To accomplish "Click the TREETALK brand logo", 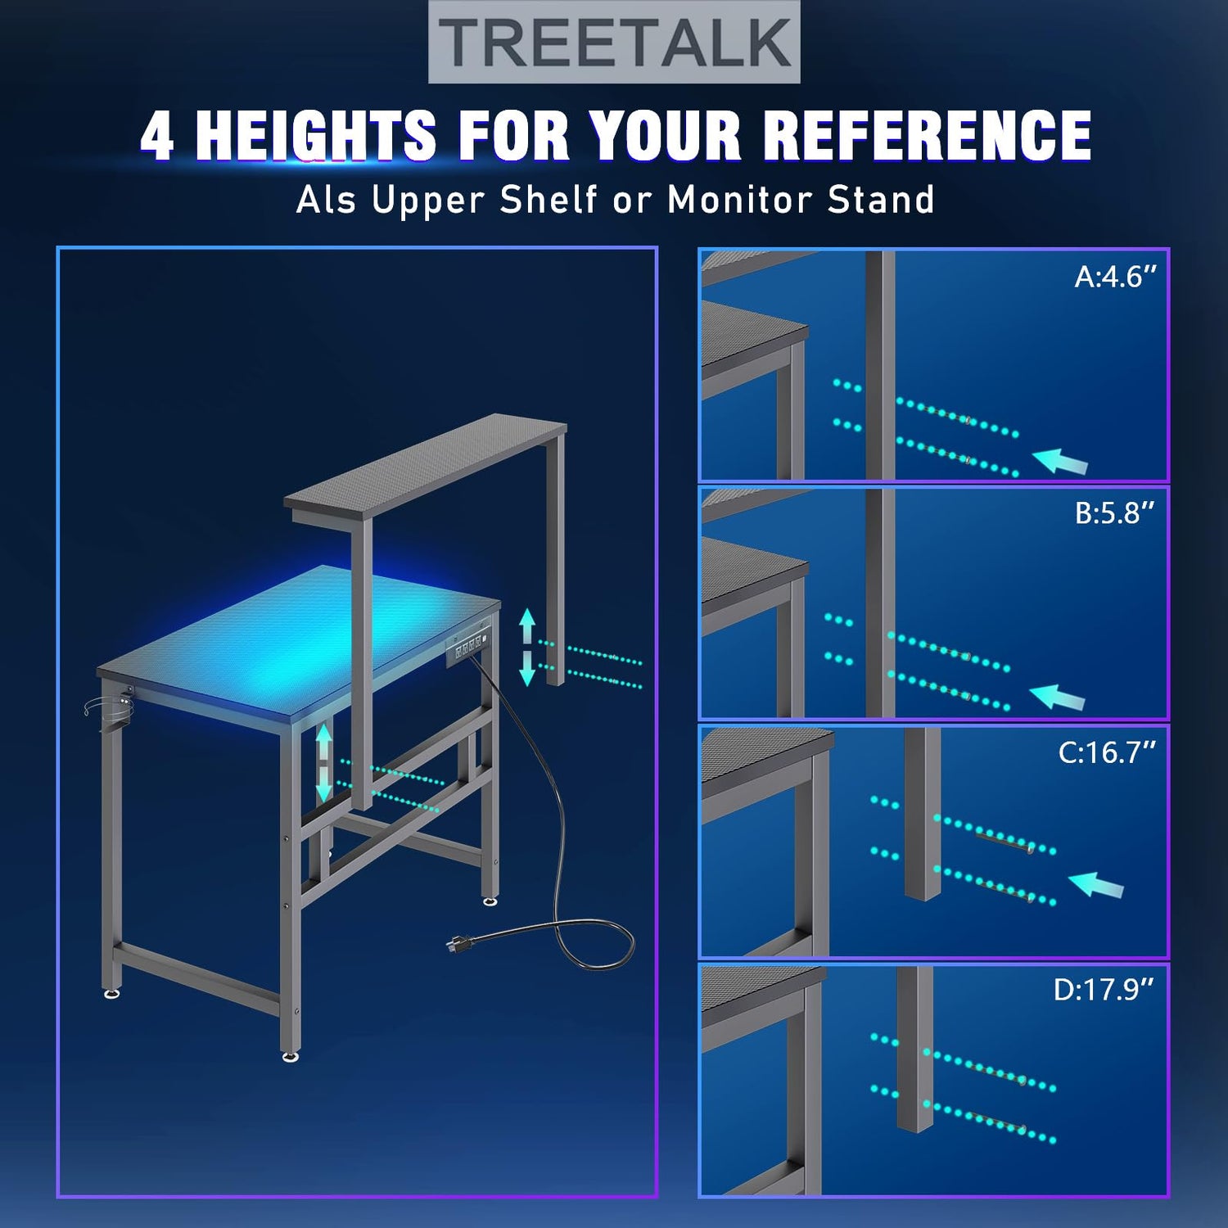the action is tap(614, 42).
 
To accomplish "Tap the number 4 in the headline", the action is tap(157, 135).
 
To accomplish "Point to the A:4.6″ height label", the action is tap(1115, 277).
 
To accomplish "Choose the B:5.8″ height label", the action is tap(1114, 513).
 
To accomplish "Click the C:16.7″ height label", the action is tap(1107, 752).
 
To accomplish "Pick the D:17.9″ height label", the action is tap(1104, 990).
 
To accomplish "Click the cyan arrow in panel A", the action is tap(1060, 461).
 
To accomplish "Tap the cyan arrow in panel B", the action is tap(1057, 698).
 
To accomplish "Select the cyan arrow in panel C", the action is tap(1096, 885).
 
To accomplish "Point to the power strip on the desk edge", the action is tap(467, 648).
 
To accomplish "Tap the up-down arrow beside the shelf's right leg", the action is tap(527, 648).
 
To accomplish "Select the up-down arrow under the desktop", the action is tap(325, 762).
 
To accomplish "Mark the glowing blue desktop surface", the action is tap(300, 638).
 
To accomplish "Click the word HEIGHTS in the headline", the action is tap(316, 135).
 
